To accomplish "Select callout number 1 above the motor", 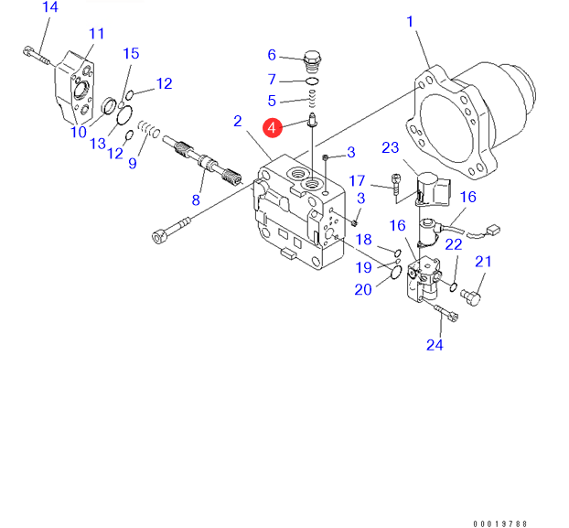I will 411,21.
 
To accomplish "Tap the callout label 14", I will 50,7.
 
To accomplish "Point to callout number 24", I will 435,345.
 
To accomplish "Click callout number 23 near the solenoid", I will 391,148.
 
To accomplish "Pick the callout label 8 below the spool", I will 195,200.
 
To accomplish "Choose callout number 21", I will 483,263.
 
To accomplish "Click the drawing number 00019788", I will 500,523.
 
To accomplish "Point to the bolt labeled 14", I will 36,53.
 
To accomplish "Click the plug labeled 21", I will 472,296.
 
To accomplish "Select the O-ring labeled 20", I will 394,271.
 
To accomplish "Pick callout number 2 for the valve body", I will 237,121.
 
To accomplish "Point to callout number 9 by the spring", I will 133,164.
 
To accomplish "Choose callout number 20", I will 363,290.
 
